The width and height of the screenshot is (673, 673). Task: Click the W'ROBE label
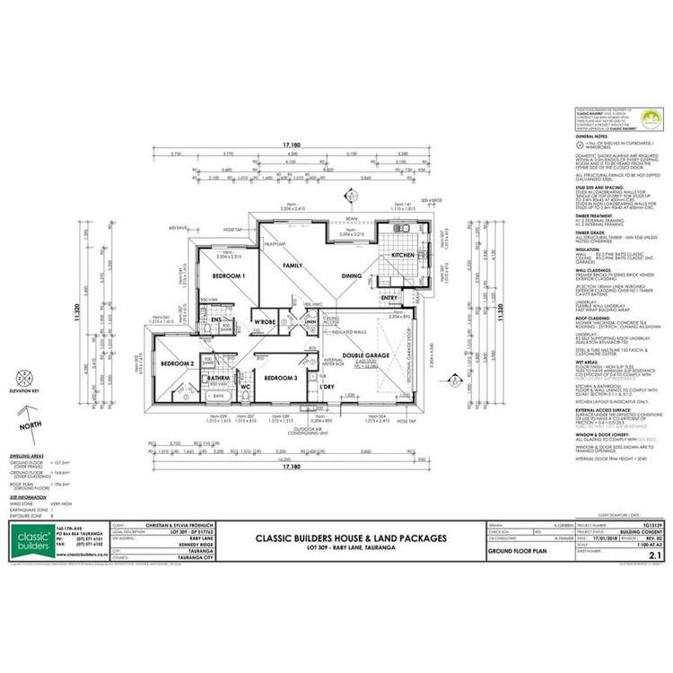point(264,320)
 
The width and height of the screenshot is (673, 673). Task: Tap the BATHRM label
point(220,379)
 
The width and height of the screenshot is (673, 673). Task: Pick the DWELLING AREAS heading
point(29,456)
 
